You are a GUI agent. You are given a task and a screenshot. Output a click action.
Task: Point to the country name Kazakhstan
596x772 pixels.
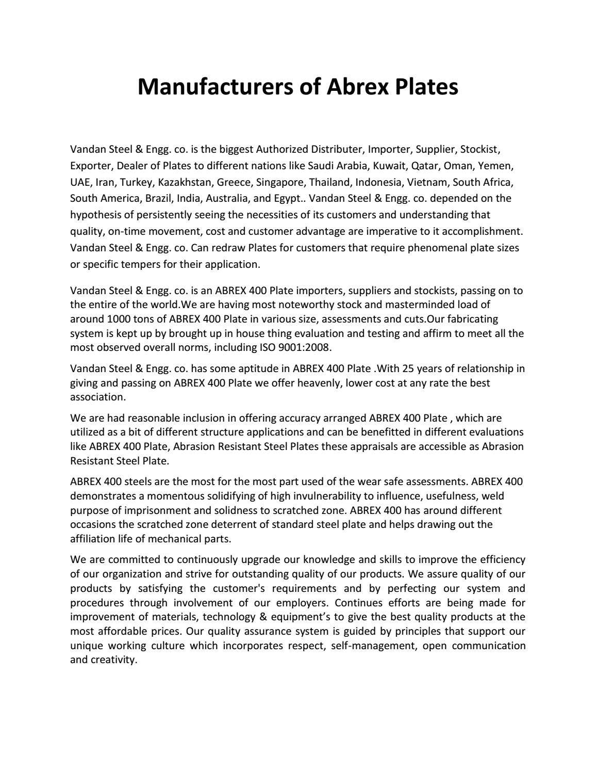click(x=186, y=182)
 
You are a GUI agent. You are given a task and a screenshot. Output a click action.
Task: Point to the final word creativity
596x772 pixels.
click(x=114, y=660)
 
